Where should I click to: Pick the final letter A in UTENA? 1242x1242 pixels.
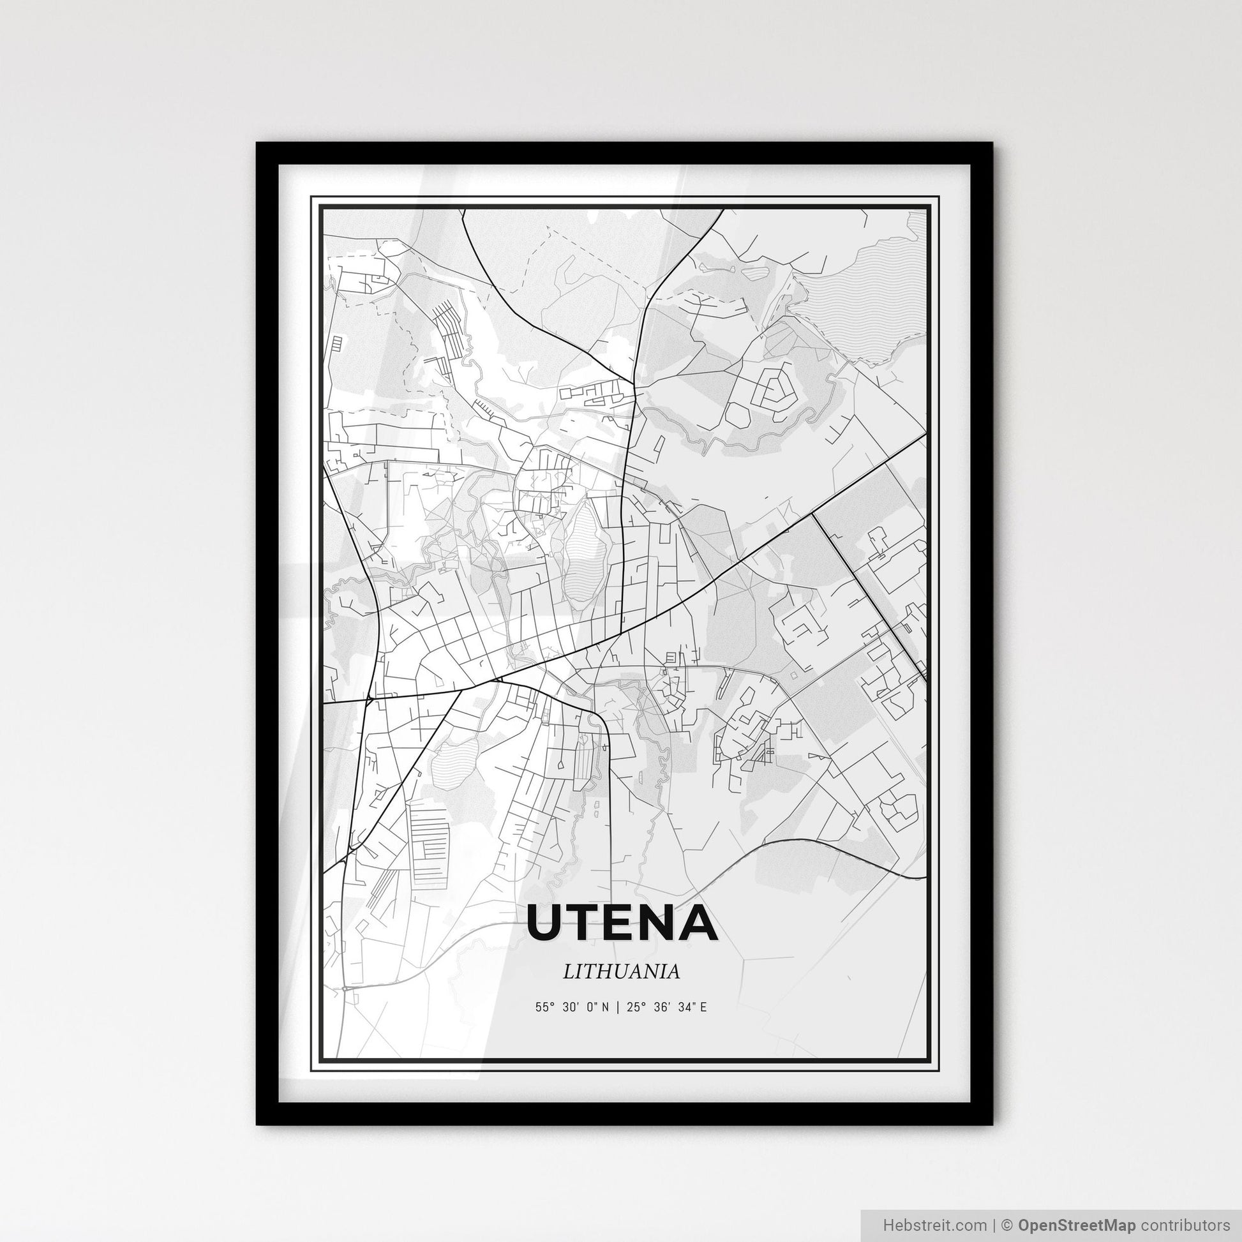[700, 922]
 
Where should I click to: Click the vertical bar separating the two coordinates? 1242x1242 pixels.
[617, 1007]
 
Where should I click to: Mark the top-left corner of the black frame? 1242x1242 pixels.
[257, 144]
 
